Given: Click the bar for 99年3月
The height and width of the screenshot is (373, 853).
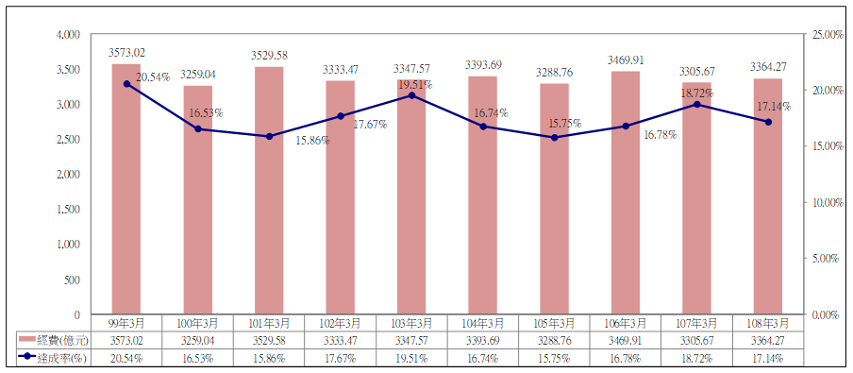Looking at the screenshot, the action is (x=126, y=189).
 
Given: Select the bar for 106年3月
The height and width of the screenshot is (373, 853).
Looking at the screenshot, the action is (x=625, y=193).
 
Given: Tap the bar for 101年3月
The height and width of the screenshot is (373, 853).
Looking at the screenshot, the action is (x=269, y=191).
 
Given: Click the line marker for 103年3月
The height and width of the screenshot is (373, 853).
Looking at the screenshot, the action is (x=411, y=95).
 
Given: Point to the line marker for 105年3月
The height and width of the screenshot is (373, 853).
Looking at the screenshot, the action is (x=554, y=138).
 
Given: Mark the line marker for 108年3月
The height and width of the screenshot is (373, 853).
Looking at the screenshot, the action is (x=768, y=122).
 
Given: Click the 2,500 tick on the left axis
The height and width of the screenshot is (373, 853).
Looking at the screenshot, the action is (x=68, y=140).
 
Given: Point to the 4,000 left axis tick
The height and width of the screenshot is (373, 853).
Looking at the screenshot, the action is (x=68, y=34).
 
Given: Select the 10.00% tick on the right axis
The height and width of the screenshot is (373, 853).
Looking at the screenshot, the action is (x=823, y=203).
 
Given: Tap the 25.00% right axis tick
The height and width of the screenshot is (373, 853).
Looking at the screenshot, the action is (x=823, y=34).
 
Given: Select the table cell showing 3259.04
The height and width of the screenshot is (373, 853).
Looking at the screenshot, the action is (x=198, y=341).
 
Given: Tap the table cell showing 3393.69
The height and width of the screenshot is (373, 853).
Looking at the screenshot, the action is (x=482, y=341).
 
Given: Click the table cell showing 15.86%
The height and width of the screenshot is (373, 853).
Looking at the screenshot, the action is (x=269, y=358).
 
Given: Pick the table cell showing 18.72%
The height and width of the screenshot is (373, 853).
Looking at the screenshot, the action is (x=696, y=358).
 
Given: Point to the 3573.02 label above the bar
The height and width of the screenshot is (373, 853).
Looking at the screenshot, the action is (x=126, y=53).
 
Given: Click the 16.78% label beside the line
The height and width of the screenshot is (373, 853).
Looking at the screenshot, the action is (x=660, y=134).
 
